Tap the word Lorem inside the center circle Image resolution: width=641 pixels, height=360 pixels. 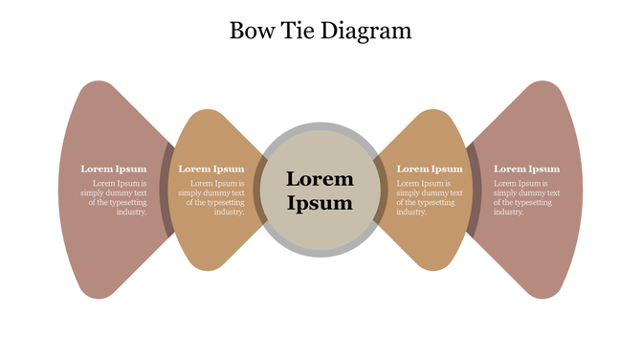[x=320, y=179]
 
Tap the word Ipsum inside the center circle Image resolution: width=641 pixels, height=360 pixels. [x=320, y=203]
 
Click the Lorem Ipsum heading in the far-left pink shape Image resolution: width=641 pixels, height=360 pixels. [x=114, y=169]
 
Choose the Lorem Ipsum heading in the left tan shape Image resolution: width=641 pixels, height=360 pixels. [x=211, y=169]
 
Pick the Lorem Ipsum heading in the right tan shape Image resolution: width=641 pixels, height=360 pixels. [x=429, y=169]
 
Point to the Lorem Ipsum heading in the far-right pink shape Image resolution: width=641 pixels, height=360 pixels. [x=526, y=169]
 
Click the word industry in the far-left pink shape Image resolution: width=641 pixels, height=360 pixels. [x=131, y=212]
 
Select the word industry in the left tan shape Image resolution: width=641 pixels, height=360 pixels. [x=229, y=212]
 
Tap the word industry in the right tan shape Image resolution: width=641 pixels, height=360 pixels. [x=411, y=212]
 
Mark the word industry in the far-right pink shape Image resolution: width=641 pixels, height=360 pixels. [x=509, y=212]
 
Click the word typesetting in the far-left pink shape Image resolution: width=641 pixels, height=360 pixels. [x=128, y=202]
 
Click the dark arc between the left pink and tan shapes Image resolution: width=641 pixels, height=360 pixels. [x=166, y=190]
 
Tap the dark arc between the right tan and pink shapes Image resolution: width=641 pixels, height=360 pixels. [x=473, y=190]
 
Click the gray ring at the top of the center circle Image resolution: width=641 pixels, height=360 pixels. [x=320, y=127]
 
